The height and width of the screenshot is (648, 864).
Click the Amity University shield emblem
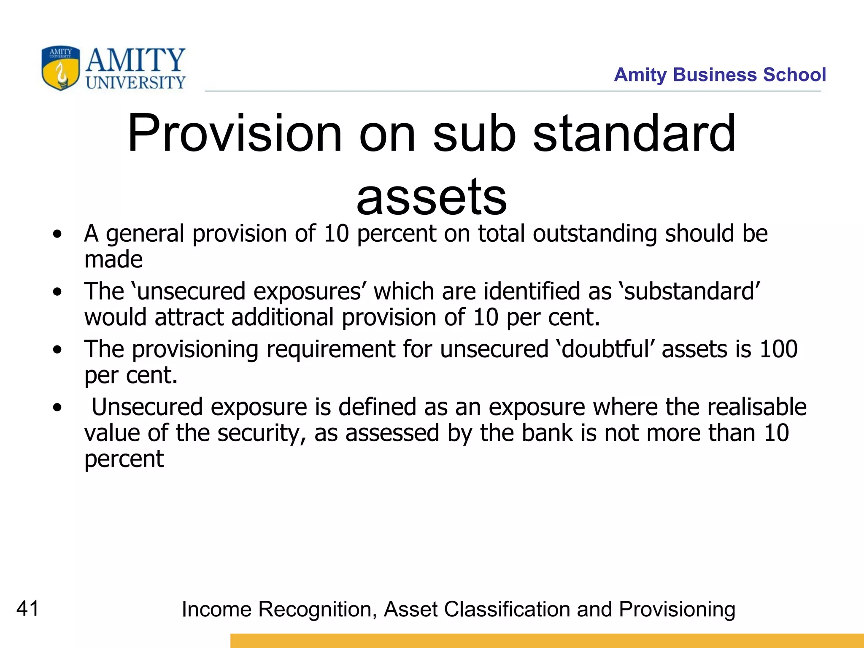click(60, 68)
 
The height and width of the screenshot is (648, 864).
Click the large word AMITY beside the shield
click(135, 60)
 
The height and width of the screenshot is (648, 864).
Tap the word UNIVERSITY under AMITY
click(135, 83)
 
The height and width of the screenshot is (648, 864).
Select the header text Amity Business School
click(720, 75)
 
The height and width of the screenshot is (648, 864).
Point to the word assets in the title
click(431, 197)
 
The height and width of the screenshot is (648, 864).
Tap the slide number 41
click(28, 609)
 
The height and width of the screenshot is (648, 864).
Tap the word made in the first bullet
click(113, 259)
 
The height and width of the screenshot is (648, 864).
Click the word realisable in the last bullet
click(757, 407)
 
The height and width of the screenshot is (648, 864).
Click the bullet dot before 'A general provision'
click(57, 234)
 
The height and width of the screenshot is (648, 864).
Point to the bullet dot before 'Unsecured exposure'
click(57, 408)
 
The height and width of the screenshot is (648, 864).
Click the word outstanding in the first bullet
click(595, 234)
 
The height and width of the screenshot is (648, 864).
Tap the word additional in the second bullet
click(283, 317)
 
